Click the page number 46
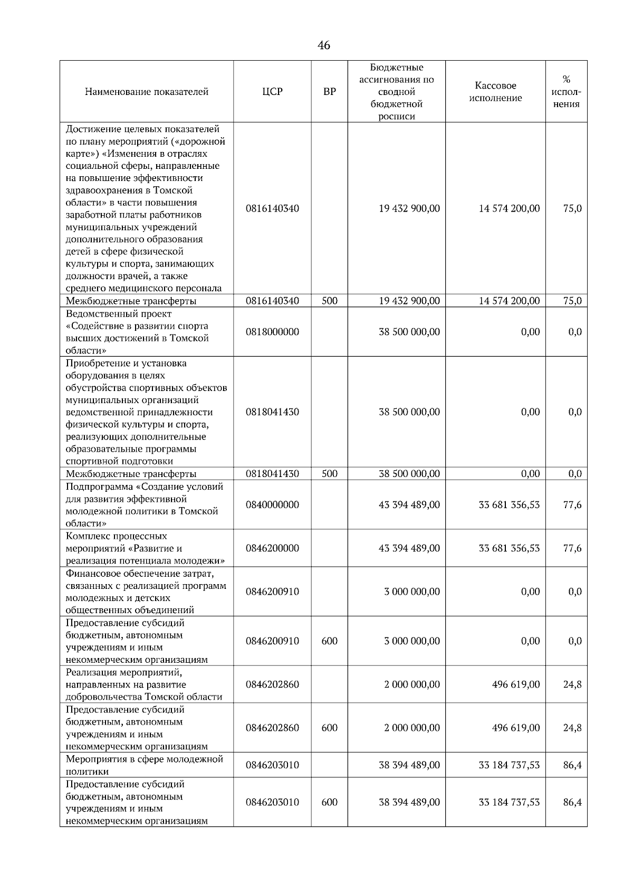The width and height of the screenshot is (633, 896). pyautogui.click(x=324, y=45)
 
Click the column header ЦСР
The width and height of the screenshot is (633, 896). pyautogui.click(x=272, y=92)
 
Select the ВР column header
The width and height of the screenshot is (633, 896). pyautogui.click(x=329, y=92)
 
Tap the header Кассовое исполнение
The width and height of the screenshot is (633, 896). pyautogui.click(x=495, y=92)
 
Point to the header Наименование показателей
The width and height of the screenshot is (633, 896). pyautogui.click(x=147, y=92)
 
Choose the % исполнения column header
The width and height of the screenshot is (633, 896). pyautogui.click(x=567, y=92)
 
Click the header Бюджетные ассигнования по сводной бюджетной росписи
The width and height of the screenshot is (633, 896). pyautogui.click(x=396, y=92)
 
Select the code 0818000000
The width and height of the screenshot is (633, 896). pyautogui.click(x=272, y=332)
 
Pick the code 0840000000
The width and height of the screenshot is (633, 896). pyautogui.click(x=272, y=505)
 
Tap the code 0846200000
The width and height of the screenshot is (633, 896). pyautogui.click(x=272, y=548)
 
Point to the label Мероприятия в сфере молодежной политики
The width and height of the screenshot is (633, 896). pyautogui.click(x=144, y=765)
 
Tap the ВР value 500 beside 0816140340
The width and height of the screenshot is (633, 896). pyautogui.click(x=329, y=301)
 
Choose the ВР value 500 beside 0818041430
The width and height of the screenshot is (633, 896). pyautogui.click(x=329, y=474)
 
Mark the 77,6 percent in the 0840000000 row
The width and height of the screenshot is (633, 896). pyautogui.click(x=572, y=505)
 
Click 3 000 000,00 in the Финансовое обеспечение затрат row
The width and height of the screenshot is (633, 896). pyautogui.click(x=411, y=592)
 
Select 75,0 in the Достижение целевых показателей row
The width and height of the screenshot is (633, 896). pyautogui.click(x=572, y=208)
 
